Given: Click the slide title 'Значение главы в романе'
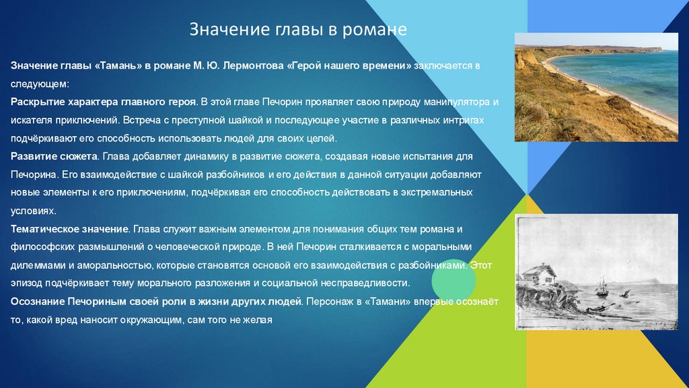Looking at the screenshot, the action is pyautogui.click(x=298, y=30).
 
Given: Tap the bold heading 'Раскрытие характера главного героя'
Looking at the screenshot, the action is pyautogui.click(x=103, y=102).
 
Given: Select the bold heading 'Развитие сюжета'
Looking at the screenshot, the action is pyautogui.click(x=54, y=156).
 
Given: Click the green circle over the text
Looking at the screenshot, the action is pyautogui.click(x=454, y=281).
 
